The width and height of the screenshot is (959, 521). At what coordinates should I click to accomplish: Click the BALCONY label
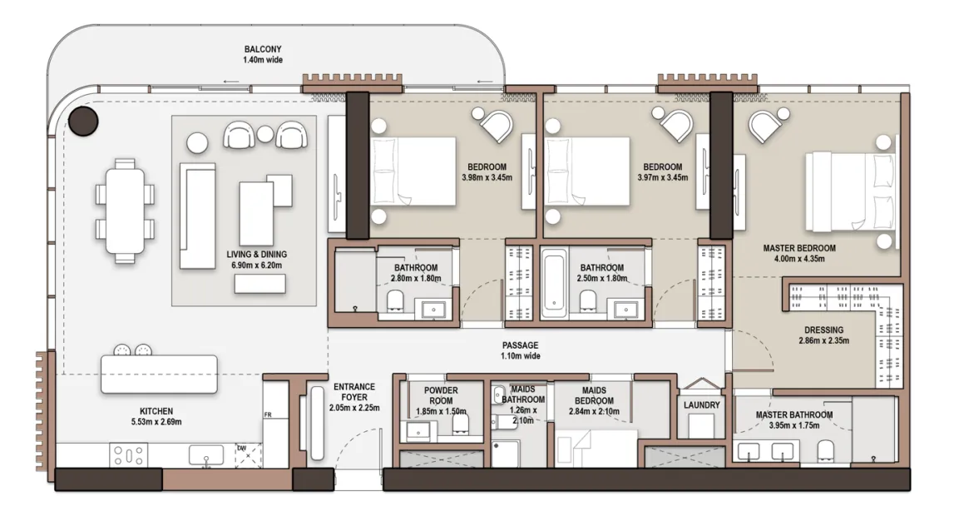pos(262,49)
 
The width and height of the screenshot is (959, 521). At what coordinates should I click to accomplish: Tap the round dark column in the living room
pos(83,121)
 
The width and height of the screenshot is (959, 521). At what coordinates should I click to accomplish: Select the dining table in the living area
pos(125,211)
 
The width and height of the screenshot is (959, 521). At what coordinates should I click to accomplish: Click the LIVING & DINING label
pos(256,254)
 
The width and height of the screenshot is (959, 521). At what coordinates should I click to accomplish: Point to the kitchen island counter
pos(159,374)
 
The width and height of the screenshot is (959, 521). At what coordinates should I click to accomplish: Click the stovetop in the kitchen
pos(129,455)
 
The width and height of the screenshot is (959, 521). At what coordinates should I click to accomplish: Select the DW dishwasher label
pos(241,448)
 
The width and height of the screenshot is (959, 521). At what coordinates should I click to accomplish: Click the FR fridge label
pos(268,415)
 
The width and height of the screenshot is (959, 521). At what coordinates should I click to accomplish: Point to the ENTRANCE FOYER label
pos(354,392)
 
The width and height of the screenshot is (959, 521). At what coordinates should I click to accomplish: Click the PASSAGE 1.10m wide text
pos(521,350)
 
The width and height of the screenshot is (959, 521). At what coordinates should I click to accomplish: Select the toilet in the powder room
pos(460,424)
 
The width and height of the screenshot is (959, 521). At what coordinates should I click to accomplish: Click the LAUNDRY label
pos(701,404)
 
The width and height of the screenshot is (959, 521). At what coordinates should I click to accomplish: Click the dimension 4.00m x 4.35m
pos(798,258)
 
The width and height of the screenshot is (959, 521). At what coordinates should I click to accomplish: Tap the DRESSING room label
pos(823,330)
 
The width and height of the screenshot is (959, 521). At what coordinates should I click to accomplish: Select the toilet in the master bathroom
pos(826,450)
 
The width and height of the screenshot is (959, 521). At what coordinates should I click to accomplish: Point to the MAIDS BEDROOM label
pos(594,395)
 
